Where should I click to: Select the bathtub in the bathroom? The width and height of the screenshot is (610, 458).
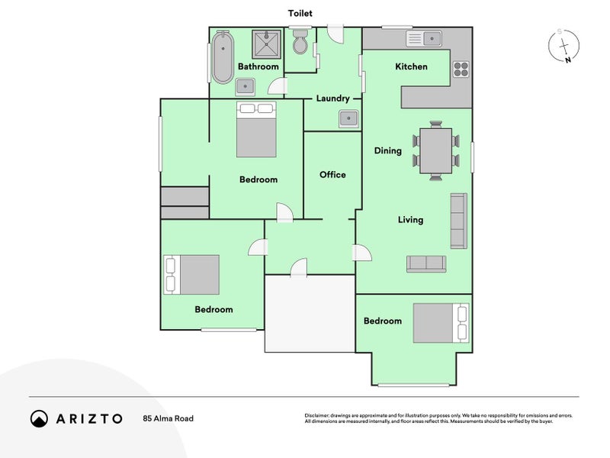pyautogui.click(x=223, y=56)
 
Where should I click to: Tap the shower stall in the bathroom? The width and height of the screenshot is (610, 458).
pyautogui.click(x=266, y=44)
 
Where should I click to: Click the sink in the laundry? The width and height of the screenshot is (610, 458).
pyautogui.click(x=348, y=119)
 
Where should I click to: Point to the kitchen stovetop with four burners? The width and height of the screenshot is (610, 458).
pyautogui.click(x=461, y=69)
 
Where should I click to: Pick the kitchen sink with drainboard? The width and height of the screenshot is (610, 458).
pyautogui.click(x=424, y=39)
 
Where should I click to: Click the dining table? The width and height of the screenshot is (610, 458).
pyautogui.click(x=436, y=150)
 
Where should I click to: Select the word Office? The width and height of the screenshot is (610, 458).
pyautogui.click(x=332, y=175)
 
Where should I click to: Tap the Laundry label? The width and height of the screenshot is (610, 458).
pyautogui.click(x=332, y=98)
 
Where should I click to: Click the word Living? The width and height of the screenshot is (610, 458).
pyautogui.click(x=410, y=220)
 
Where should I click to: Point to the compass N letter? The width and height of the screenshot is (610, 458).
pyautogui.click(x=568, y=60)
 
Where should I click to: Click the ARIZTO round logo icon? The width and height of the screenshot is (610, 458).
pyautogui.click(x=40, y=418)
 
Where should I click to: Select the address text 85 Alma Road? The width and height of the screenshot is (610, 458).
pyautogui.click(x=168, y=418)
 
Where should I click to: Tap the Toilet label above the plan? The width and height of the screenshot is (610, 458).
pyautogui.click(x=300, y=13)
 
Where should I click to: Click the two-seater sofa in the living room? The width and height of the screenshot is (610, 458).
pyautogui.click(x=426, y=264)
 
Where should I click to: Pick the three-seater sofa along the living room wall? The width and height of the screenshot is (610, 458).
pyautogui.click(x=459, y=221)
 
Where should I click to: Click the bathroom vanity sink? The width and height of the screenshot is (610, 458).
pyautogui.click(x=245, y=87)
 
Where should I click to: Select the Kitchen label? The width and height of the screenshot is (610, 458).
pyautogui.click(x=411, y=66)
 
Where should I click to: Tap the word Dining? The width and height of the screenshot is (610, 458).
pyautogui.click(x=388, y=150)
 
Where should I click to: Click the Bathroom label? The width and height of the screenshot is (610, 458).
pyautogui.click(x=258, y=66)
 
